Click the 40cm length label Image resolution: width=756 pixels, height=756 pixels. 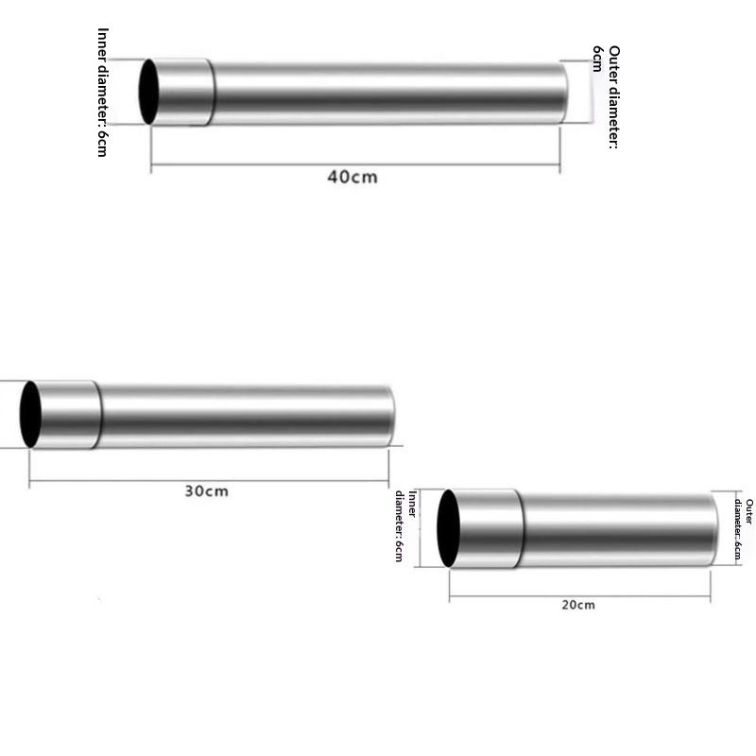pyautogui.click(x=352, y=177)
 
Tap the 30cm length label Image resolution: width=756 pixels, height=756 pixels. pyautogui.click(x=206, y=490)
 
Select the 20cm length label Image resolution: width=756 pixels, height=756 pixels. pyautogui.click(x=578, y=605)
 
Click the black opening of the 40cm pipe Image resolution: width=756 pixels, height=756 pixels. pyautogui.click(x=149, y=92)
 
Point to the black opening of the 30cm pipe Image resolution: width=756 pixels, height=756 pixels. pyautogui.click(x=30, y=414)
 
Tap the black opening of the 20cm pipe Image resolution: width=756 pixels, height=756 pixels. pyautogui.click(x=448, y=528)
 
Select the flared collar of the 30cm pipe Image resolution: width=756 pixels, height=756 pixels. pyautogui.click(x=66, y=414)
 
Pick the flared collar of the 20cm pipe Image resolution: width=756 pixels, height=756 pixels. pyautogui.click(x=487, y=528)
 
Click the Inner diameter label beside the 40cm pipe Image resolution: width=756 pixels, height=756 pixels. pyautogui.click(x=103, y=92)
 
